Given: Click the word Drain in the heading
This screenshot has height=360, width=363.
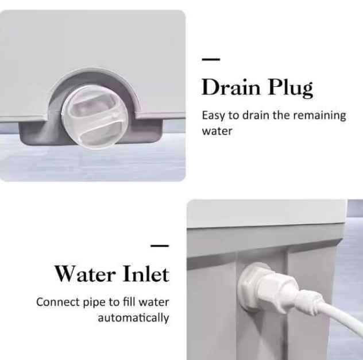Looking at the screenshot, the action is [231, 87].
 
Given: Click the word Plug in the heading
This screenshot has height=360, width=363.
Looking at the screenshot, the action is [291, 88].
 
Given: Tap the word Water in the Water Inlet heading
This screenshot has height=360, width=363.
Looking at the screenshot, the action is [85, 274].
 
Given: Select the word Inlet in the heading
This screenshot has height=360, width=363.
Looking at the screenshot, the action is [146, 273].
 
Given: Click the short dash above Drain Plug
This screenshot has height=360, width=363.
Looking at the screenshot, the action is [211, 59].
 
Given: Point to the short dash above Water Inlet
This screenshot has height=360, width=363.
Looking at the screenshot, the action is [160, 246].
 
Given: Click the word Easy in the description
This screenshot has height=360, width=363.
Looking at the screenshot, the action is [213, 116].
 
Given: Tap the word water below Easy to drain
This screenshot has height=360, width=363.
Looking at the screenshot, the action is [217, 131].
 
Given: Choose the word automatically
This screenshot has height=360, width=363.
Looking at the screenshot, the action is [133, 318].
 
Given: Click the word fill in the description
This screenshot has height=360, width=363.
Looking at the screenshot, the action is [129, 302].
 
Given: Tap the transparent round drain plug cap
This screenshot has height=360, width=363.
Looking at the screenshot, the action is [94, 116].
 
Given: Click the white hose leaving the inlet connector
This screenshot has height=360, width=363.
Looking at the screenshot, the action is [340, 314].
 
